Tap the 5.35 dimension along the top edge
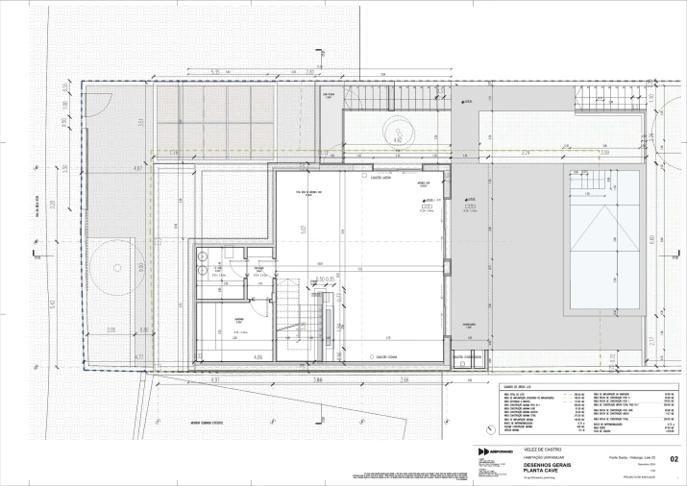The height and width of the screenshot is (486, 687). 216,73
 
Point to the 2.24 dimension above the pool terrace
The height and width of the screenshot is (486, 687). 526,153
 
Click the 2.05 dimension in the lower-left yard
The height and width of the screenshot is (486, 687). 111,329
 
